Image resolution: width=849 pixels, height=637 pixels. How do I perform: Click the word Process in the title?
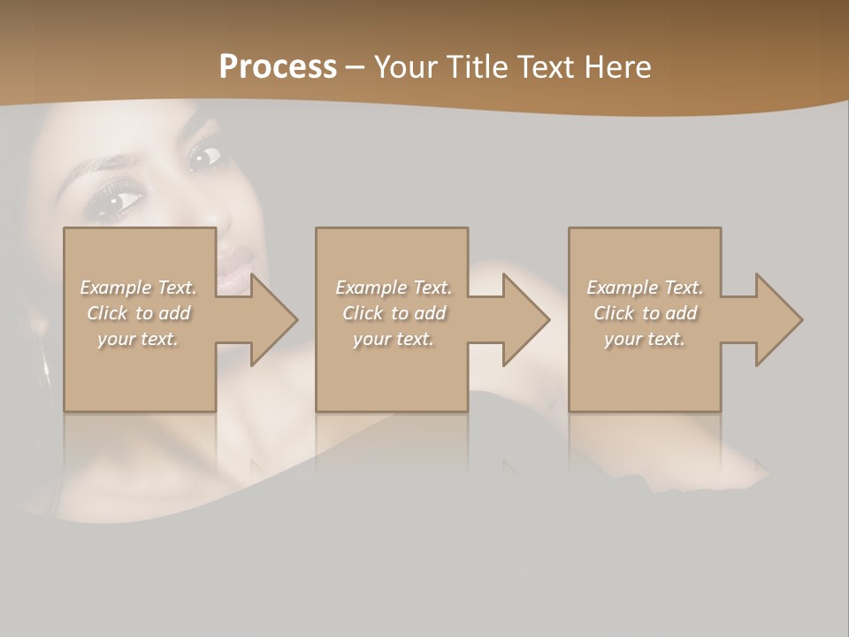tap(278, 67)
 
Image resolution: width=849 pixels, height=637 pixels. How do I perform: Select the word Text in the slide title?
tap(545, 67)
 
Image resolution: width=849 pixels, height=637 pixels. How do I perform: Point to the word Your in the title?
tap(405, 67)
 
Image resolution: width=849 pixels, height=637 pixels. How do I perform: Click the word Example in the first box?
tap(116, 288)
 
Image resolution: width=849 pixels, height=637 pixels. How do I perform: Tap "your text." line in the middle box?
tap(394, 339)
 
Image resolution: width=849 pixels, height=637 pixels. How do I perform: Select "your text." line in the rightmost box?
tap(645, 339)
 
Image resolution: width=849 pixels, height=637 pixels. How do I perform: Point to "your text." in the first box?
tap(138, 339)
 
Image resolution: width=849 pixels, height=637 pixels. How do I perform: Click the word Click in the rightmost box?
tap(615, 313)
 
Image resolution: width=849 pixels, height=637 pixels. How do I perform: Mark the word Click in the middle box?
tap(363, 313)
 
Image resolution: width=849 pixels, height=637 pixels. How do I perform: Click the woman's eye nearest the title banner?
tap(204, 157)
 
